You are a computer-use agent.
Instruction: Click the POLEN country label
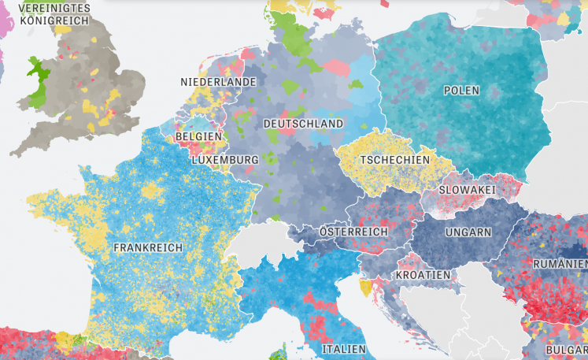(461, 91)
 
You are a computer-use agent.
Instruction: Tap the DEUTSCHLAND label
(303, 124)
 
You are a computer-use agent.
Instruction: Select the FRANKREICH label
(148, 247)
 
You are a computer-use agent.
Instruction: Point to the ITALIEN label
(343, 348)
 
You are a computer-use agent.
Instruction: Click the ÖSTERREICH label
(353, 232)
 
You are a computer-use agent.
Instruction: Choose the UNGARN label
(468, 232)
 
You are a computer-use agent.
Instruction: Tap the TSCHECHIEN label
(394, 160)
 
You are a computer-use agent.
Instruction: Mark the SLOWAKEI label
(467, 191)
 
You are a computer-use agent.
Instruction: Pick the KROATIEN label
(423, 275)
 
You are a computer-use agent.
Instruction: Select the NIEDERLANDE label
(218, 82)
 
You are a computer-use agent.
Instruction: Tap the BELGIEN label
(198, 136)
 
